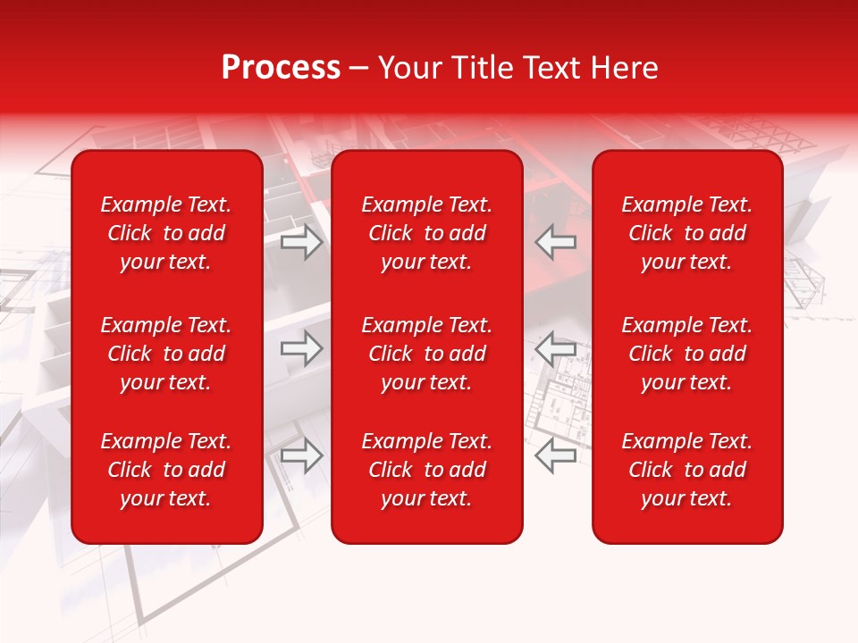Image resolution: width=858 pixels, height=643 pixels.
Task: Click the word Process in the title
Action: pyautogui.click(x=281, y=68)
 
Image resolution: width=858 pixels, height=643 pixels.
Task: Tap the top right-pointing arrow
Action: pyautogui.click(x=301, y=242)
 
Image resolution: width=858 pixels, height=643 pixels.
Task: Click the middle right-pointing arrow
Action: pyautogui.click(x=301, y=348)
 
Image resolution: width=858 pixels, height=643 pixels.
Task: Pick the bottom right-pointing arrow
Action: pyautogui.click(x=301, y=455)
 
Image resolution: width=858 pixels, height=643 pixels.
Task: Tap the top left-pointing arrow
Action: pyautogui.click(x=556, y=242)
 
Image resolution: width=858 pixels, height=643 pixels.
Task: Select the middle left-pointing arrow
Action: pyautogui.click(x=556, y=348)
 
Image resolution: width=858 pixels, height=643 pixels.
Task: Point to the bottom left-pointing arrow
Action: pyautogui.click(x=556, y=455)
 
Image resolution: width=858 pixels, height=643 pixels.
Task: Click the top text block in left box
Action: pyautogui.click(x=166, y=233)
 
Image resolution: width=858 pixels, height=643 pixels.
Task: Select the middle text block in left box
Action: pyautogui.click(x=166, y=354)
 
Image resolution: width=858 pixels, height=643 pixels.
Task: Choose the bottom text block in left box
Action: pyautogui.click(x=166, y=470)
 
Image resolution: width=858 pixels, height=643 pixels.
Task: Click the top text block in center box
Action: pyautogui.click(x=426, y=233)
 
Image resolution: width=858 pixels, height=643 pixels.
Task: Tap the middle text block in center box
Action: pyautogui.click(x=426, y=354)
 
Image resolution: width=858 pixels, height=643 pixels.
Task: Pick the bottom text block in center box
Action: pyautogui.click(x=426, y=470)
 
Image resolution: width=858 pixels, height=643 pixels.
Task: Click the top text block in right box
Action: pyautogui.click(x=686, y=233)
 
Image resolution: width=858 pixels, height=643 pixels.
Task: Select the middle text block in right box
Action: pyautogui.click(x=686, y=354)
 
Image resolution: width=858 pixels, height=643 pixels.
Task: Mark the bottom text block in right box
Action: pyautogui.click(x=686, y=470)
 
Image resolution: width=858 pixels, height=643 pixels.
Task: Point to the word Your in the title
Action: pyautogui.click(x=409, y=68)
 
